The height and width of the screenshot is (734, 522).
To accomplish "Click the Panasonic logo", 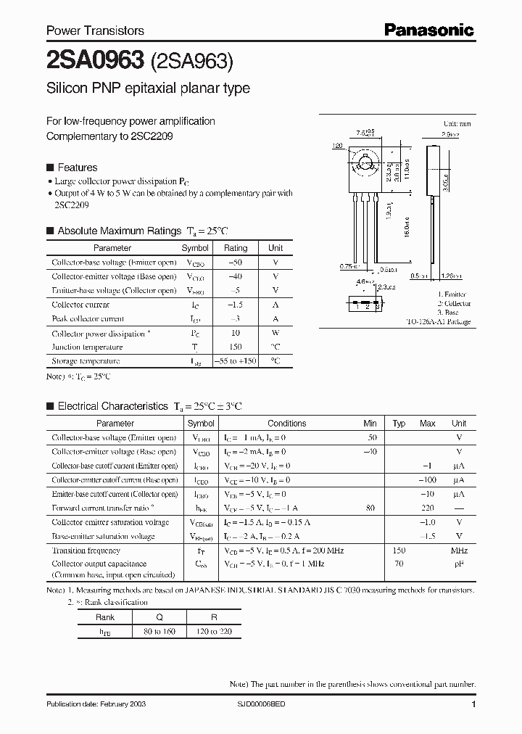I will pyautogui.click(x=428, y=30).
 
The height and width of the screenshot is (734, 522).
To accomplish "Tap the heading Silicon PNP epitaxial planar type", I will pyautogui.click(x=148, y=88).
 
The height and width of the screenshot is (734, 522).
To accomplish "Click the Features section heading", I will pyautogui.click(x=77, y=167).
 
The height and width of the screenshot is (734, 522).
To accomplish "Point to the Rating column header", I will pyautogui.click(x=235, y=248).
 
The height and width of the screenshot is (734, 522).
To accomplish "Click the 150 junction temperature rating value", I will pyautogui.click(x=235, y=347).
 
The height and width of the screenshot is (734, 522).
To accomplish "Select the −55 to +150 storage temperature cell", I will pyautogui.click(x=235, y=360).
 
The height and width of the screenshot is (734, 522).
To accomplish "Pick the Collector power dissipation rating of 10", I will pyautogui.click(x=235, y=334).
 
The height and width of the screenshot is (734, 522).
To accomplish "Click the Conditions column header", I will pyautogui.click(x=286, y=424).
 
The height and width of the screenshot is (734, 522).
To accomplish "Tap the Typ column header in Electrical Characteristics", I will pyautogui.click(x=399, y=424).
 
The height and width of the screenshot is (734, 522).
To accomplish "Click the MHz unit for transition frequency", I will pyautogui.click(x=458, y=550).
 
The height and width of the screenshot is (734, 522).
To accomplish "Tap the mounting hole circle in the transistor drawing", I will pyautogui.click(x=365, y=162).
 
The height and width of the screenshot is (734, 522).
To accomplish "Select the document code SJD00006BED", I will pyautogui.click(x=266, y=704).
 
